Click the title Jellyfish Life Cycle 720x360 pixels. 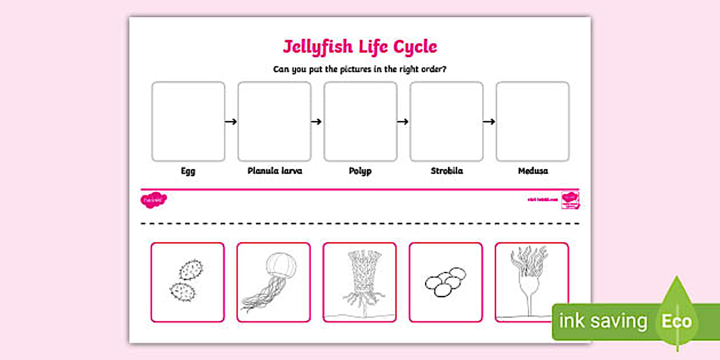pyautogui.click(x=359, y=46)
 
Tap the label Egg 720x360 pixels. pyautogui.click(x=188, y=171)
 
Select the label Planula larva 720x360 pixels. pyautogui.click(x=274, y=171)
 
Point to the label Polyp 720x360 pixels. pyautogui.click(x=360, y=171)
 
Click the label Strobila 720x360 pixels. pyautogui.click(x=446, y=171)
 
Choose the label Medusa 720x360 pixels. pyautogui.click(x=533, y=171)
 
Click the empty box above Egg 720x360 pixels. pyautogui.click(x=188, y=121)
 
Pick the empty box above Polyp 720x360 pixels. pyautogui.click(x=360, y=121)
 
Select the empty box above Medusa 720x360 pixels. pyautogui.click(x=533, y=121)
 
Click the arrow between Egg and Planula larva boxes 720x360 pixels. pyautogui.click(x=231, y=121)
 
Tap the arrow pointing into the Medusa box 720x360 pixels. pyautogui.click(x=489, y=121)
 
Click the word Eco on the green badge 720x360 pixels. pyautogui.click(x=677, y=321)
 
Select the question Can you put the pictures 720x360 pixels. pyautogui.click(x=359, y=70)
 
